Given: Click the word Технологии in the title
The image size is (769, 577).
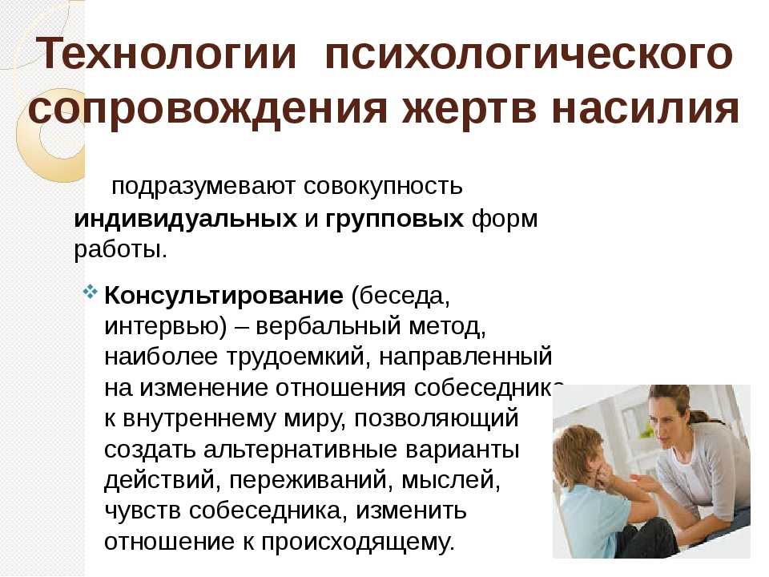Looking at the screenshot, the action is (167, 54).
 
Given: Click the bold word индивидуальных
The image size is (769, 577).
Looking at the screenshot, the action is (185, 219).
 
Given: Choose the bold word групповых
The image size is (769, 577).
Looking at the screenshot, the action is (394, 220).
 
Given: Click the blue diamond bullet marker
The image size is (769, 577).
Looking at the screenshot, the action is (91, 293).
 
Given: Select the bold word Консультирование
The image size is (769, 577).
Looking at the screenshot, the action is (223, 296).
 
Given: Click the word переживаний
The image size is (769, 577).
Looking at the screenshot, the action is (308, 480).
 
